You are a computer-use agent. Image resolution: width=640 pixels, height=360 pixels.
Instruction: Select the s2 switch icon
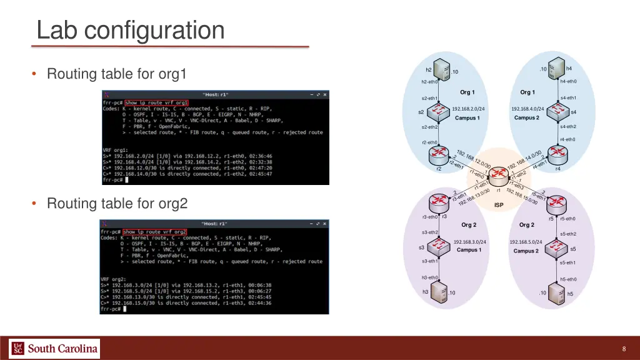(x=440, y=112)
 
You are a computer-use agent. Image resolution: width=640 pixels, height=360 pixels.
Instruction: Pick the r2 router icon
(x=440, y=157)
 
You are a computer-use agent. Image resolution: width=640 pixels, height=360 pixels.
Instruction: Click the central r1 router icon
(x=499, y=179)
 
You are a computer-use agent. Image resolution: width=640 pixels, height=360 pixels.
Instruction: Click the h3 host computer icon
(x=439, y=292)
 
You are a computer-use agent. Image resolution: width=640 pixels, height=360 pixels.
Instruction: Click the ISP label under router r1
(x=499, y=205)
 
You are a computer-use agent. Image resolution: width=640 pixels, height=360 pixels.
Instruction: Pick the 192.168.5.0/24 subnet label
(x=526, y=242)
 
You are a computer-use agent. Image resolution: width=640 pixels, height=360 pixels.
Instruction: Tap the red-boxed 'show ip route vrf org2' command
(x=155, y=232)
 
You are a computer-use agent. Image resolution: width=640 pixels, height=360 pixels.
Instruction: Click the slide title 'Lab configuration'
(x=130, y=30)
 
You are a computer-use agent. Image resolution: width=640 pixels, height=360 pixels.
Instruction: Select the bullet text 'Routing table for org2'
(x=117, y=203)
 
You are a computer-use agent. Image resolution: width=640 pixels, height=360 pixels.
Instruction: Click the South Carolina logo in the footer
(x=54, y=348)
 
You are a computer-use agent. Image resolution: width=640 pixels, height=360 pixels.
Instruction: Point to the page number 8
(x=624, y=349)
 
